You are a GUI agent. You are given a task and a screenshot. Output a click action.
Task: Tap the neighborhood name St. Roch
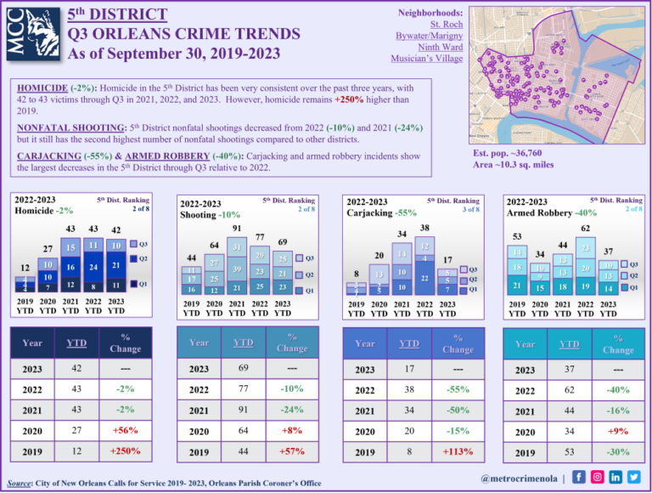point(445,25)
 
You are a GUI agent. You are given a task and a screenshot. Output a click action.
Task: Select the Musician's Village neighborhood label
point(426,59)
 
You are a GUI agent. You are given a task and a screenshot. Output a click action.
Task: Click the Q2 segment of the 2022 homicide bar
point(94,266)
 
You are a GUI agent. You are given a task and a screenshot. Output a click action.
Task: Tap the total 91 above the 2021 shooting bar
point(236,229)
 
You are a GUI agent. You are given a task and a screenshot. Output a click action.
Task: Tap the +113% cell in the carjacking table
point(458,451)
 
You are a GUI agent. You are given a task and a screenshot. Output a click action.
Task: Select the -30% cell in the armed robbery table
point(618,452)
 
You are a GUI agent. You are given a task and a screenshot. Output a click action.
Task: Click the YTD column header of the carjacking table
point(408,343)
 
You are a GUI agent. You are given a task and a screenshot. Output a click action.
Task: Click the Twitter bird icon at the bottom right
point(634,476)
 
